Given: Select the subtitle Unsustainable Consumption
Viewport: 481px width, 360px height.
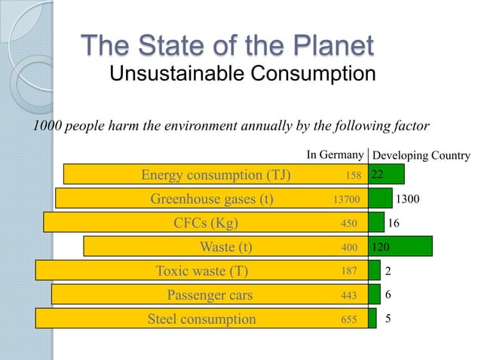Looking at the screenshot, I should tap(242, 75).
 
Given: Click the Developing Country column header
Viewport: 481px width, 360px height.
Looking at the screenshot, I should tap(421, 156).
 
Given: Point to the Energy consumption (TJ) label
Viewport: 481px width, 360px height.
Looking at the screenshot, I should tap(216, 175).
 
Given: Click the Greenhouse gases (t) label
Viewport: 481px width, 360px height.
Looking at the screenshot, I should tap(212, 200).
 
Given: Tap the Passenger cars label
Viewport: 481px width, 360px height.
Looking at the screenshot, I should tap(210, 294).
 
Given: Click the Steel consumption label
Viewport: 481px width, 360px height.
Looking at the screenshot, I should tap(201, 319).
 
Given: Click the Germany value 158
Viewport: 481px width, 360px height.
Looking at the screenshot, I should tap(351, 175).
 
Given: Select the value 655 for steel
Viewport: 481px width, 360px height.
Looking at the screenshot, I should tap(348, 319).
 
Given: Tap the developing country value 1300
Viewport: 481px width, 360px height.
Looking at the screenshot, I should tap(408, 200).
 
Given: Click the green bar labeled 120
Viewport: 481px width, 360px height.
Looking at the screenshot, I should tap(400, 246).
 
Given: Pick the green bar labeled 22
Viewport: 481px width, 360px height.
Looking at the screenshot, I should tap(386, 175).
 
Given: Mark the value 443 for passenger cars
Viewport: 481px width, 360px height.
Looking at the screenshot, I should tap(348, 295).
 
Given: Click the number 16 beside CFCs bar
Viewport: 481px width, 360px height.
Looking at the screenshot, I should tap(394, 224).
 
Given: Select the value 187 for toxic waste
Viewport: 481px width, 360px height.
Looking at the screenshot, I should tap(348, 271).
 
